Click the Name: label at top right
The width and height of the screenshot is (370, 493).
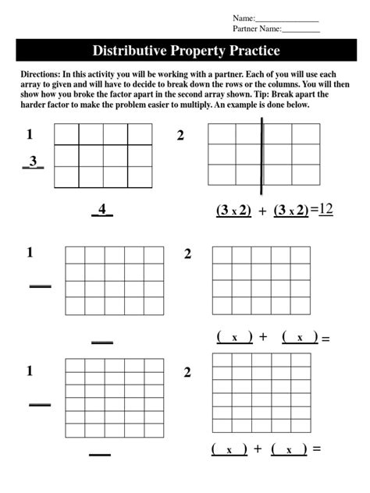(244, 18)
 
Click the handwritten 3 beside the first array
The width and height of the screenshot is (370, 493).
(33, 161)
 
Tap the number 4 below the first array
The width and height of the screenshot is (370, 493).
(102, 209)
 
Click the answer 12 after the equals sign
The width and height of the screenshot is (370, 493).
(326, 208)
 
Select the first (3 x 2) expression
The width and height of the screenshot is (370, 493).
(233, 210)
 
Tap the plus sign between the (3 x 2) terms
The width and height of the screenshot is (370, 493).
(262, 211)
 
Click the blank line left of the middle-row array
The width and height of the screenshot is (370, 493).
(40, 286)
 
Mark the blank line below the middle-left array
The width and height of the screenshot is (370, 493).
(102, 342)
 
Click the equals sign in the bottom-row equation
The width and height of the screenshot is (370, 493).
(317, 449)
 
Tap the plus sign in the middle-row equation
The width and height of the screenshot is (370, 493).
(263, 337)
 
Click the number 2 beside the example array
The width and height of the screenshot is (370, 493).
(180, 136)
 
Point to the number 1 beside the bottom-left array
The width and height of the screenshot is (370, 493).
(30, 371)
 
